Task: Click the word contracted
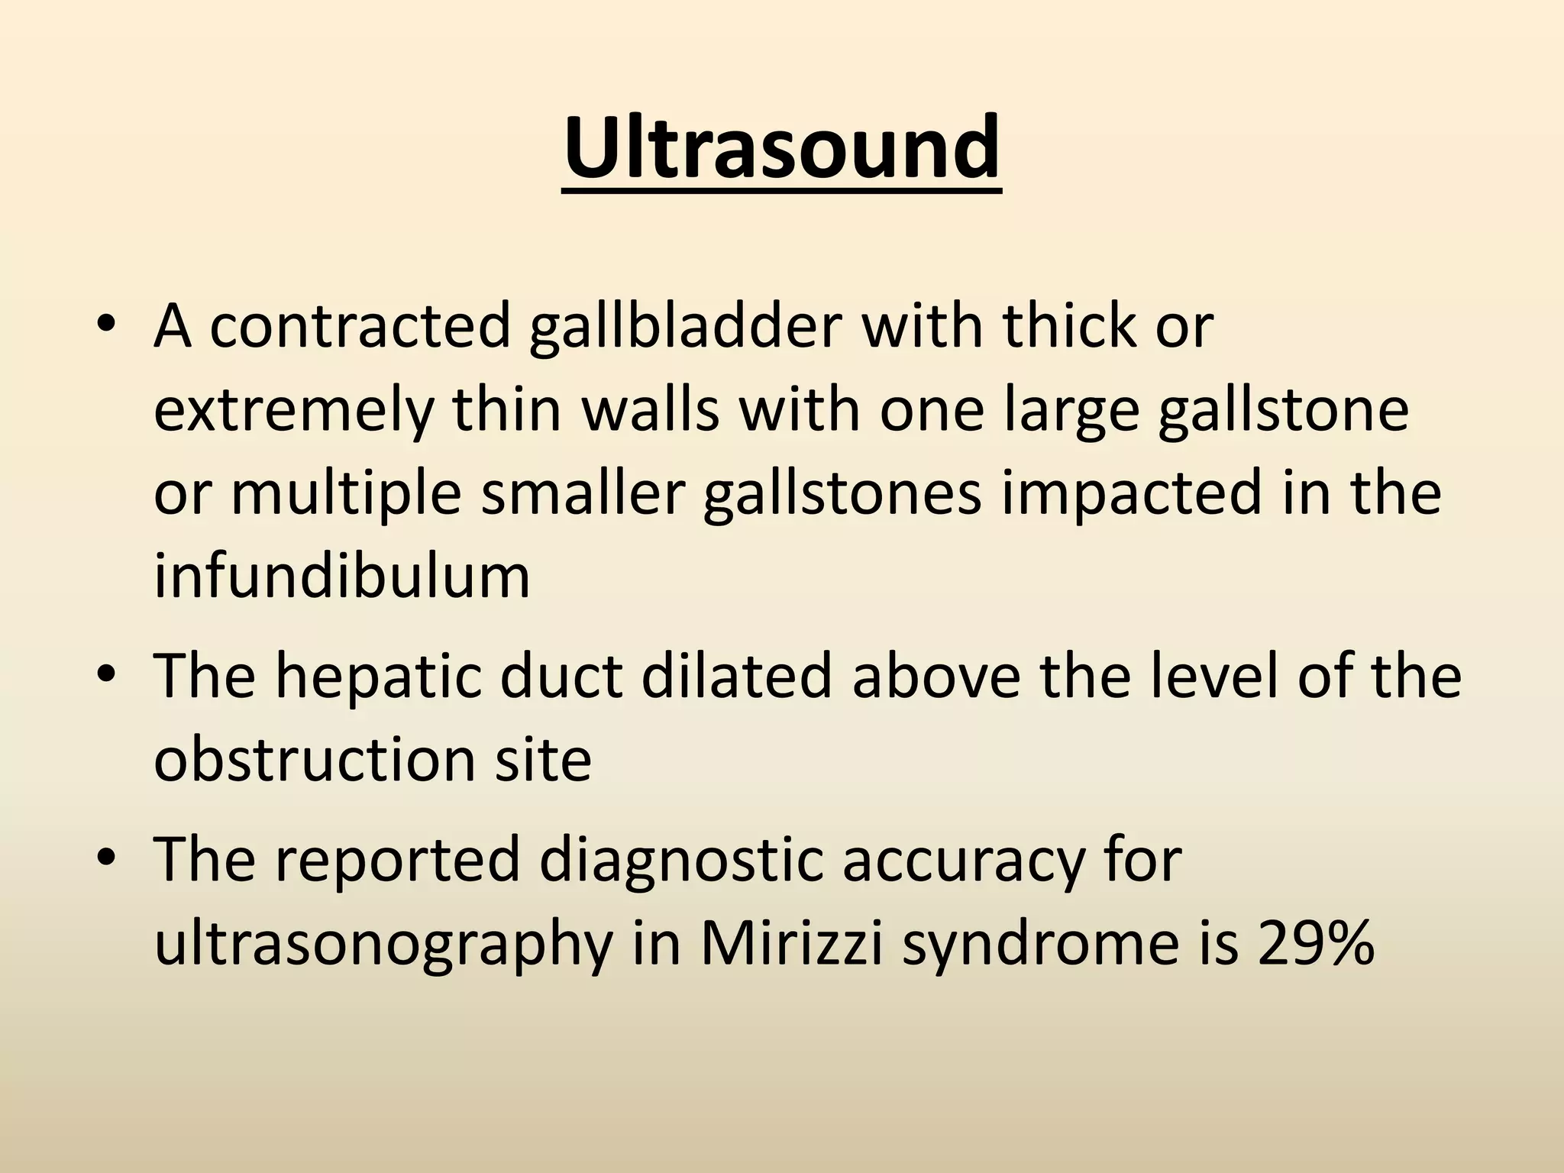359,326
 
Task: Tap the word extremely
292,410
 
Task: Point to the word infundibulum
341,576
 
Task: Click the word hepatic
378,677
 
